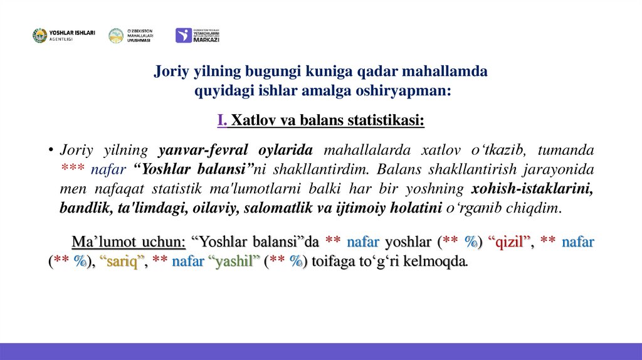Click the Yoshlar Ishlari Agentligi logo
point(63,36)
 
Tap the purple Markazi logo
point(197,35)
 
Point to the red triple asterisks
point(73,170)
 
